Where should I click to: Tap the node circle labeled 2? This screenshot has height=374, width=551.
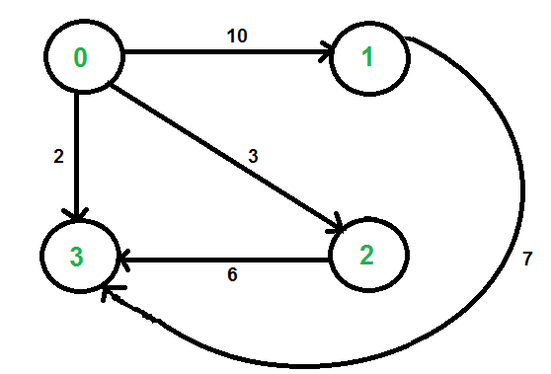point(366,256)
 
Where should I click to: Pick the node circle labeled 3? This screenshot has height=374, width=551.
point(79,256)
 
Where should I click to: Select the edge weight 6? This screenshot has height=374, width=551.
point(232,274)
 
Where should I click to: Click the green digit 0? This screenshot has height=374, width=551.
point(81,58)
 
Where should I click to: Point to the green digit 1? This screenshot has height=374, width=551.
point(369,58)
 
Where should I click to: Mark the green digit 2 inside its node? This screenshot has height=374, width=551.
point(366,256)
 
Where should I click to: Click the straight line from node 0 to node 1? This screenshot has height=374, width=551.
point(217,55)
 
